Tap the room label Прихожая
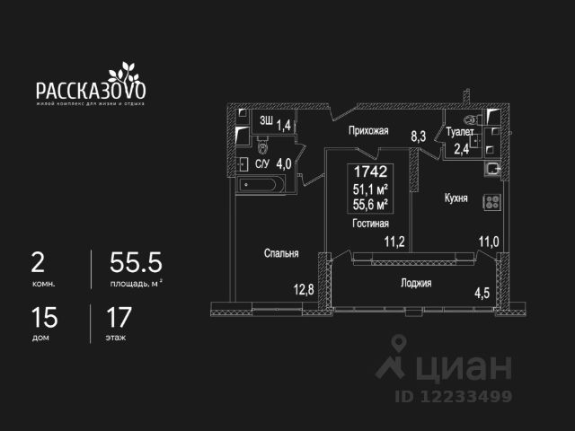(x=368, y=131)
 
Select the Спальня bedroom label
(x=280, y=254)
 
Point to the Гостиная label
(x=370, y=224)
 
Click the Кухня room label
(x=455, y=198)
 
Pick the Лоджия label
(x=416, y=283)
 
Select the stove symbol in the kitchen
(x=491, y=203)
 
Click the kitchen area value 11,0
(x=488, y=241)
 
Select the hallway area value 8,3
(x=419, y=136)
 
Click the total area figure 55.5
(x=135, y=262)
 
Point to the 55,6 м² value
(x=369, y=204)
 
